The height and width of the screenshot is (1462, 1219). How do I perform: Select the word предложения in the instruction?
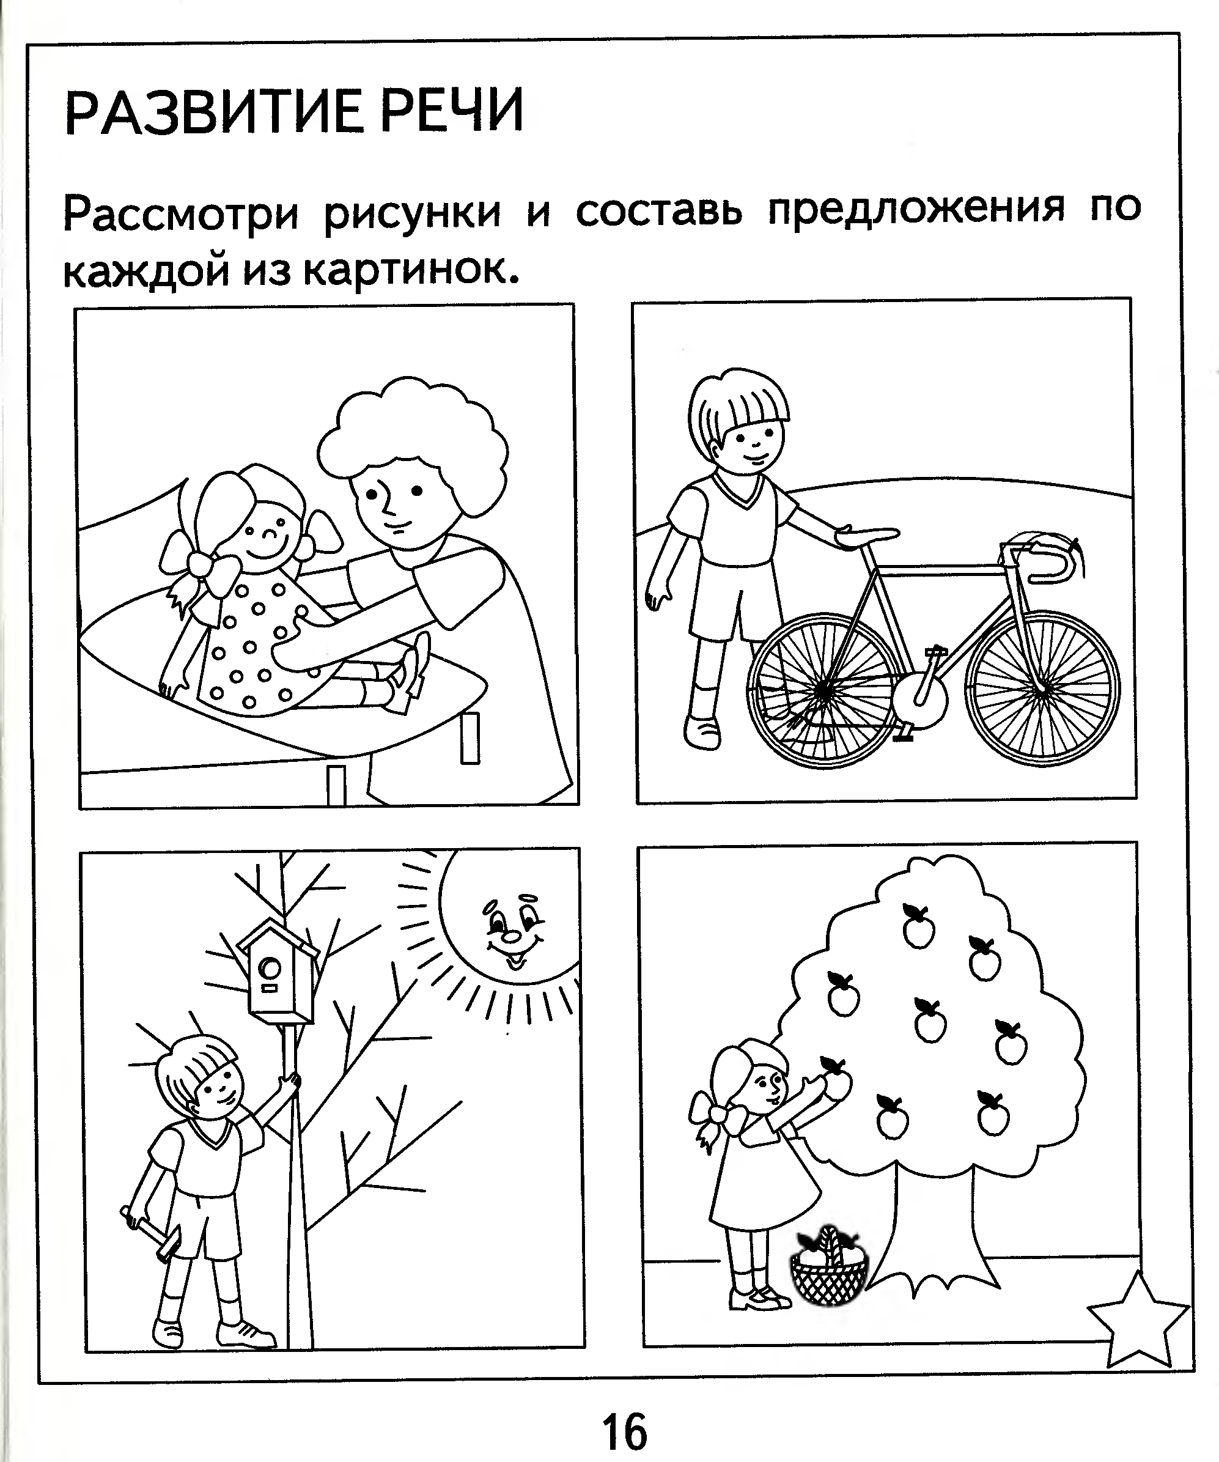(x=917, y=210)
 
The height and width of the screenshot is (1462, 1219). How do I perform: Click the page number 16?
(x=624, y=1432)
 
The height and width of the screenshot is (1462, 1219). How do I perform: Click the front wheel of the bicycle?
(x=1042, y=689)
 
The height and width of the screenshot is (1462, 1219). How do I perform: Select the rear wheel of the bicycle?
(x=824, y=690)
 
